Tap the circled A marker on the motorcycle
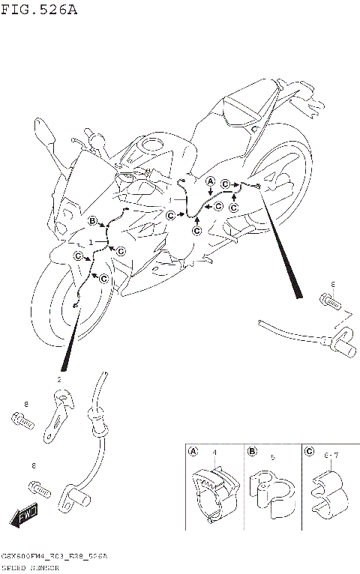(x=211, y=181)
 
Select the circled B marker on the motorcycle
(x=92, y=220)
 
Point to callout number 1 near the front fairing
(x=91, y=243)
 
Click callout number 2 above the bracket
(x=58, y=379)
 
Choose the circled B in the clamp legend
(x=253, y=452)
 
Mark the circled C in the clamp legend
(x=310, y=452)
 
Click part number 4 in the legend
(x=214, y=453)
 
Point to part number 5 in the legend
(x=273, y=456)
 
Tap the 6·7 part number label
(x=332, y=456)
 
